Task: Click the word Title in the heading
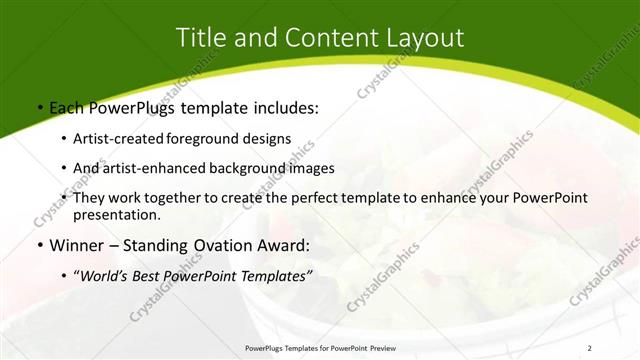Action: click(x=198, y=38)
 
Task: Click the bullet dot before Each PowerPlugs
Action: click(x=39, y=107)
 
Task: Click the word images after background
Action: click(x=312, y=168)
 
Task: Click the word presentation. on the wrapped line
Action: click(x=117, y=214)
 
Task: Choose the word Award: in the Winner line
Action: click(x=284, y=245)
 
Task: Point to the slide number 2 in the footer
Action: click(x=590, y=348)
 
